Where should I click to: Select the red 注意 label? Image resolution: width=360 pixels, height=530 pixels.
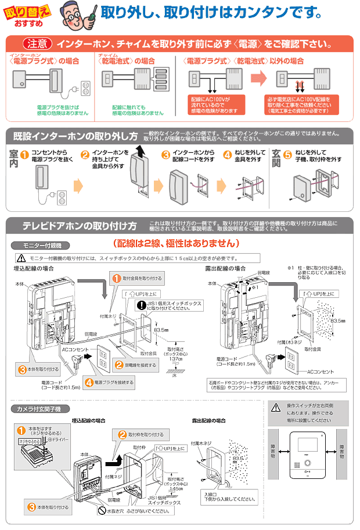coord(38,44)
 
